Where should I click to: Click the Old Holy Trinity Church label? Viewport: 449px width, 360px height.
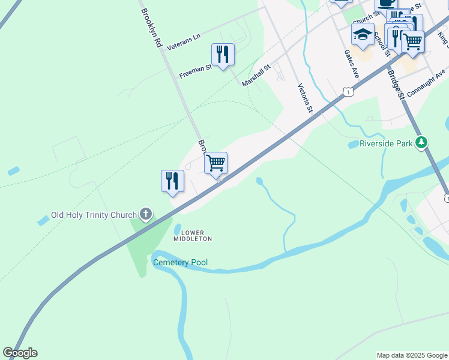[94, 214]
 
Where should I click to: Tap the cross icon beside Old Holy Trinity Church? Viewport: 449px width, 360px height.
[146, 214]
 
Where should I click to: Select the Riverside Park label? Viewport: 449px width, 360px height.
[387, 143]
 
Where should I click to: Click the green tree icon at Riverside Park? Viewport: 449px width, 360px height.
[423, 142]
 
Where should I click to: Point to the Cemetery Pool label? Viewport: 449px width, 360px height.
[180, 263]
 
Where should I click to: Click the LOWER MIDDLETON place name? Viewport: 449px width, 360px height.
[193, 235]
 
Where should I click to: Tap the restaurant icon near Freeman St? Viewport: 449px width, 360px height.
[223, 55]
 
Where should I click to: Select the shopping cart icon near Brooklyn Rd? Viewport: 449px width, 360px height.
[215, 163]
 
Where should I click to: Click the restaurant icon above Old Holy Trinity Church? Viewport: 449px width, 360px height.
[172, 181]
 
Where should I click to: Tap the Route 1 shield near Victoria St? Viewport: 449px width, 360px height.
[348, 92]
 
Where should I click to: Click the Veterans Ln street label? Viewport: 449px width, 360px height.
[183, 42]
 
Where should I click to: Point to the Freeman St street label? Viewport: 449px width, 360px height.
[196, 73]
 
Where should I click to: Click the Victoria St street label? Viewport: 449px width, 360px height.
[306, 98]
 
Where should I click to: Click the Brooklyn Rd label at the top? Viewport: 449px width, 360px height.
[152, 28]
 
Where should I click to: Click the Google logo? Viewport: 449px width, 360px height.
[20, 353]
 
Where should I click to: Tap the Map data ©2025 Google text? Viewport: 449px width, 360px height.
[411, 355]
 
